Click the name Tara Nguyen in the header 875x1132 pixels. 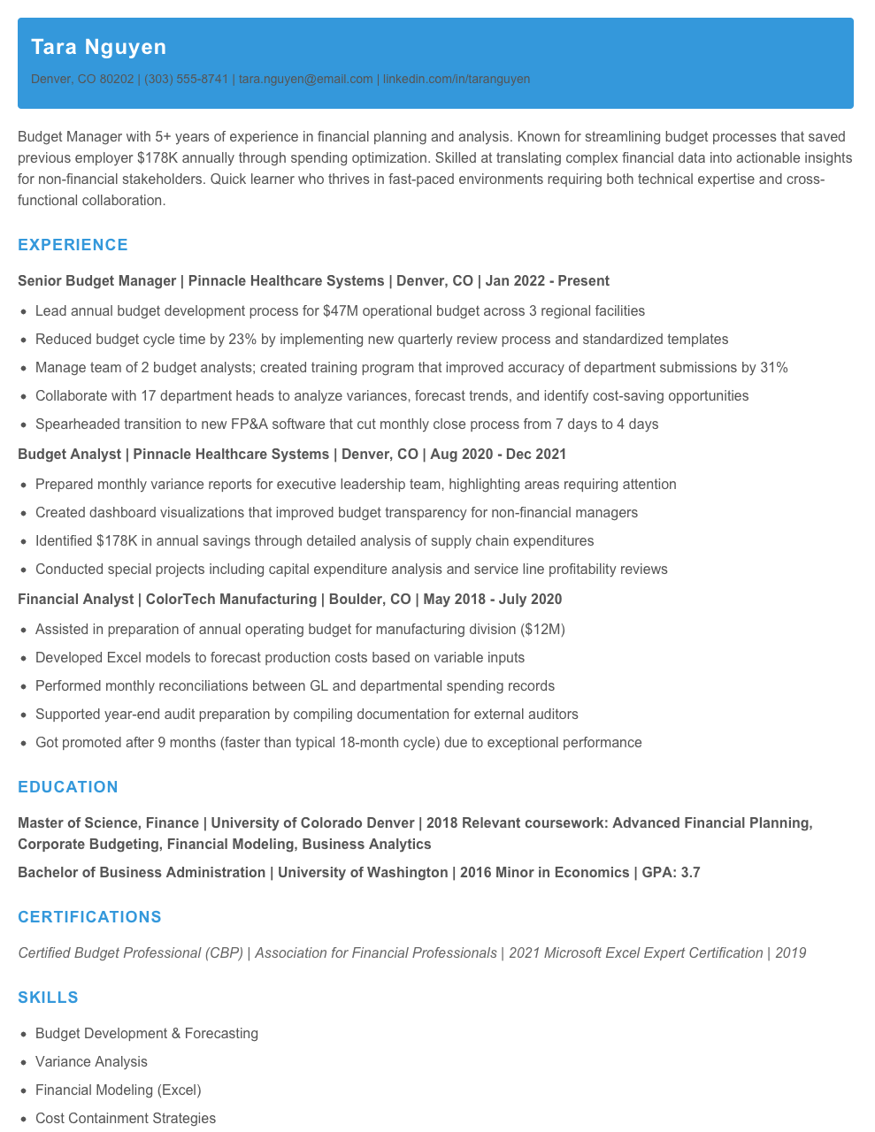98,47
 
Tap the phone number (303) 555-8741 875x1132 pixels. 186,79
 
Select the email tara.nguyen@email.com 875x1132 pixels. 306,79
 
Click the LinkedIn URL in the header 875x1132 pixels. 457,79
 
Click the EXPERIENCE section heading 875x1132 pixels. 73,245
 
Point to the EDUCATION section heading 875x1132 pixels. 68,787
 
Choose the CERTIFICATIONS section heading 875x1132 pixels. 89,917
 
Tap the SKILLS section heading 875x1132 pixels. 48,998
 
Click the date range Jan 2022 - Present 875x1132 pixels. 547,281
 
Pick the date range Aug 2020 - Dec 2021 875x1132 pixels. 498,455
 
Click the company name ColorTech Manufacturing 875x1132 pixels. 231,600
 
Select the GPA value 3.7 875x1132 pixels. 690,873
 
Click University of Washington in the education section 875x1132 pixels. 363,873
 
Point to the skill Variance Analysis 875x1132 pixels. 91,1062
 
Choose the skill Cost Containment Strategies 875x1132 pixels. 126,1119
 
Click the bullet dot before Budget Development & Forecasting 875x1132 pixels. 23,1034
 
